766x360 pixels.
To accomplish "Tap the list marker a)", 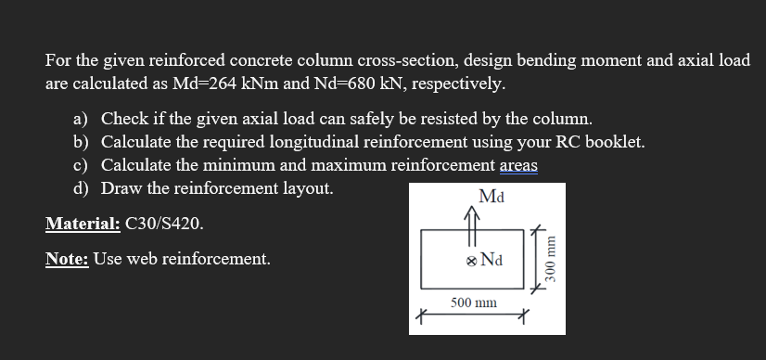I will coord(82,120).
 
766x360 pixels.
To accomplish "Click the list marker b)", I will coord(82,143).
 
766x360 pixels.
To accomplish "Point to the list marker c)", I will coord(82,166).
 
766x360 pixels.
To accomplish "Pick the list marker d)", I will coord(82,188).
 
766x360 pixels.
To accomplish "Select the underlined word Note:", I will coord(67,259).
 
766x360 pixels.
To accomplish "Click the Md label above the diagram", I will coord(492,196).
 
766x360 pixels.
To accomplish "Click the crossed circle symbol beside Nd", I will coord(471,262).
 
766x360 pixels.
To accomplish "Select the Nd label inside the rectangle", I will coord(492,262).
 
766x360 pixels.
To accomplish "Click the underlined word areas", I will coord(518,166).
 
